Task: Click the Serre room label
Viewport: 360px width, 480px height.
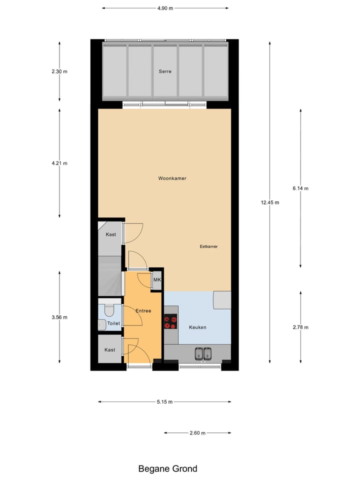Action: [x=165, y=71]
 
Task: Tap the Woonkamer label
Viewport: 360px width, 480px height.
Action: [x=172, y=178]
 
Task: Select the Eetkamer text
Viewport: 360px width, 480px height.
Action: [x=208, y=246]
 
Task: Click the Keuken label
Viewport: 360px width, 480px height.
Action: [x=197, y=327]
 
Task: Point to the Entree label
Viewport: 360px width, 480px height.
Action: [x=143, y=311]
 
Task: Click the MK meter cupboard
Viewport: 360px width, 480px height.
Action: [x=157, y=280]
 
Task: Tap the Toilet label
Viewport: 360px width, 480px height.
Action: [x=114, y=324]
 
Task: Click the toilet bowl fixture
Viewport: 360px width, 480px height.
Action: [x=108, y=311]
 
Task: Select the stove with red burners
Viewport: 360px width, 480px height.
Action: [x=170, y=321]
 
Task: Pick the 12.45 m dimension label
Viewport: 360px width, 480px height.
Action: [x=269, y=202]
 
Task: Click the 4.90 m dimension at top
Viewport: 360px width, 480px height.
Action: [x=165, y=8]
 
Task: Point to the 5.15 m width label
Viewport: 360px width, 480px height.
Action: [x=164, y=402]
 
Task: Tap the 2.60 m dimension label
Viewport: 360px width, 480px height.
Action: [x=197, y=433]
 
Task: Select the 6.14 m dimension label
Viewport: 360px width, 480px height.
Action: [x=300, y=188]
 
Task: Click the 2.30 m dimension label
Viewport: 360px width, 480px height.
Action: [x=59, y=71]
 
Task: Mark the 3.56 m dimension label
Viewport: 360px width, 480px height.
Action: [x=59, y=317]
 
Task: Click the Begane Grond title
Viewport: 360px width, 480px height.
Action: [x=167, y=468]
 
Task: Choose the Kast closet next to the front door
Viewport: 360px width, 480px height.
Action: [x=110, y=349]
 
